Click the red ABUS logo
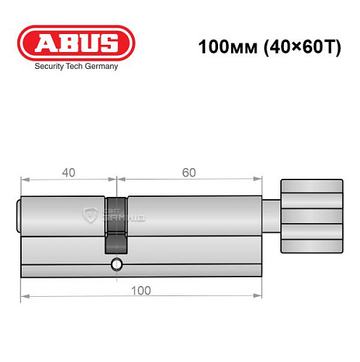click(75, 44)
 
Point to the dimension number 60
click(188, 172)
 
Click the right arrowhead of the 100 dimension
click(258, 297)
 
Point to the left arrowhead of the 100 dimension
click(24, 297)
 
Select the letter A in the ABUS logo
click(40, 44)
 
